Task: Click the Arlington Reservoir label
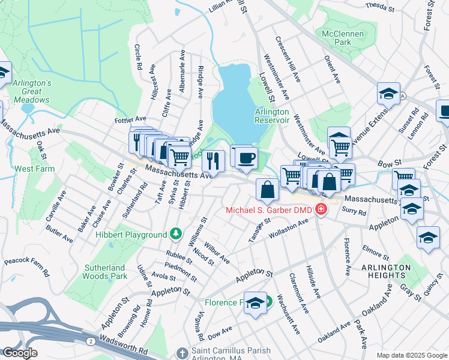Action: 272,116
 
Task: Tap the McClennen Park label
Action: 343,38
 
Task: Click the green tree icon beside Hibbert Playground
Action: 175,233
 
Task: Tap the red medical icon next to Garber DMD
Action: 322,210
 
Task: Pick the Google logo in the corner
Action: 20,353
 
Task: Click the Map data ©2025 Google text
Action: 411,355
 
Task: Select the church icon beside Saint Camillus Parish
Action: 183,352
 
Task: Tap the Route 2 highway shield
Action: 90,340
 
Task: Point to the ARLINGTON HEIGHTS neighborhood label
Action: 386,271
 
